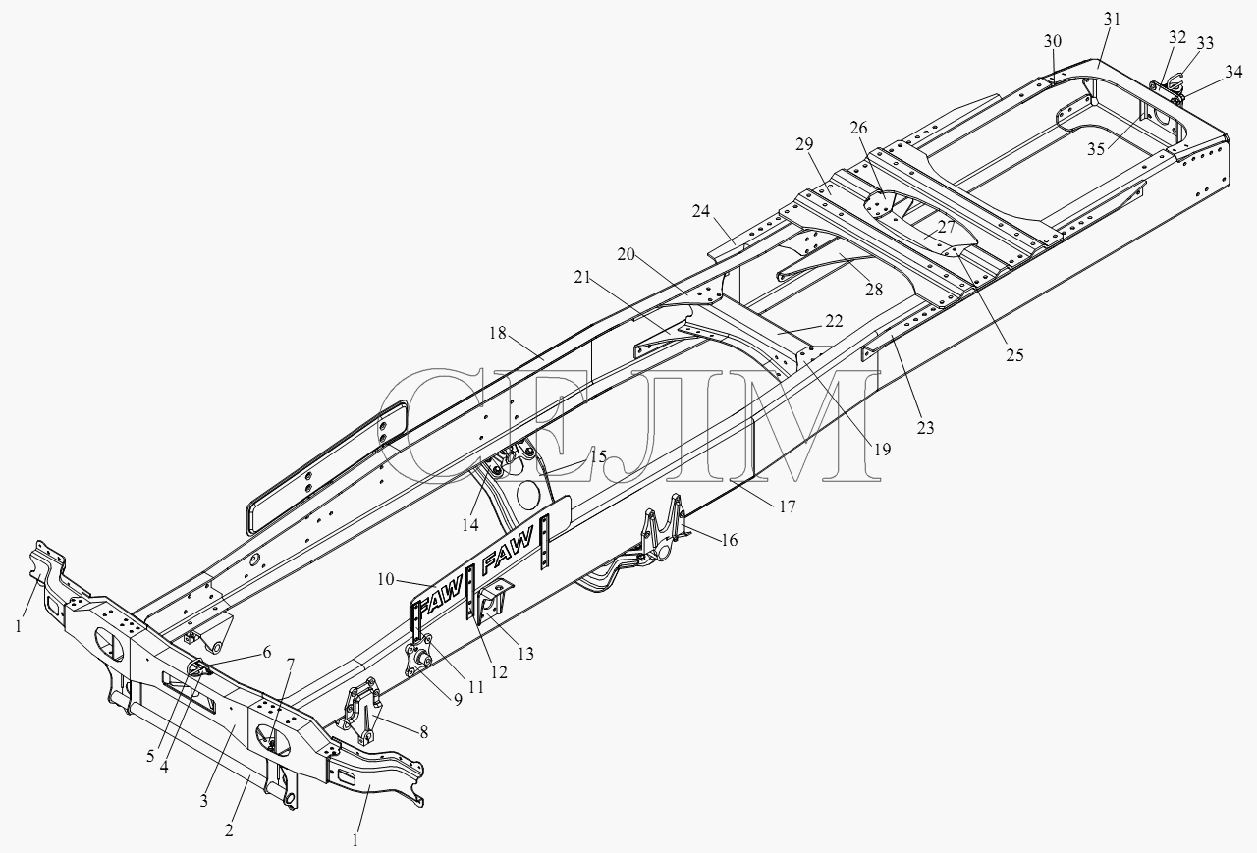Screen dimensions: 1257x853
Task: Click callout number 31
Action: pos(1112,19)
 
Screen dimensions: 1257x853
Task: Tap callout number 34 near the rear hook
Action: pos(1233,72)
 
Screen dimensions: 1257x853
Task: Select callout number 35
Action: pos(1096,150)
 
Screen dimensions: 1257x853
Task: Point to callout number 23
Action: pos(925,428)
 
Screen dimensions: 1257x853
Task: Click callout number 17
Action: pos(788,506)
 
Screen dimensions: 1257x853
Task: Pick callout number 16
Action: pos(729,540)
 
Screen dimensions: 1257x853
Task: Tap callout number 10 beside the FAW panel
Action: pos(386,579)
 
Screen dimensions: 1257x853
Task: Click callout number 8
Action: pos(423,732)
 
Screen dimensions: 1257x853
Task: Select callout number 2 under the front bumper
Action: pos(229,831)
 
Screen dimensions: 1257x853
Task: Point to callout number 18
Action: pos(498,333)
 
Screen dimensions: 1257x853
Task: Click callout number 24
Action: pos(701,211)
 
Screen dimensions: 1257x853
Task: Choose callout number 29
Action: pos(804,144)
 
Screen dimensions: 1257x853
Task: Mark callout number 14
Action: pos(470,525)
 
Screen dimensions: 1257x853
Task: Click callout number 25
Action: pos(1014,355)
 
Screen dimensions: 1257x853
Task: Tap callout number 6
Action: pos(266,652)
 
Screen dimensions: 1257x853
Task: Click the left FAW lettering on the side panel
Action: pos(440,603)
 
